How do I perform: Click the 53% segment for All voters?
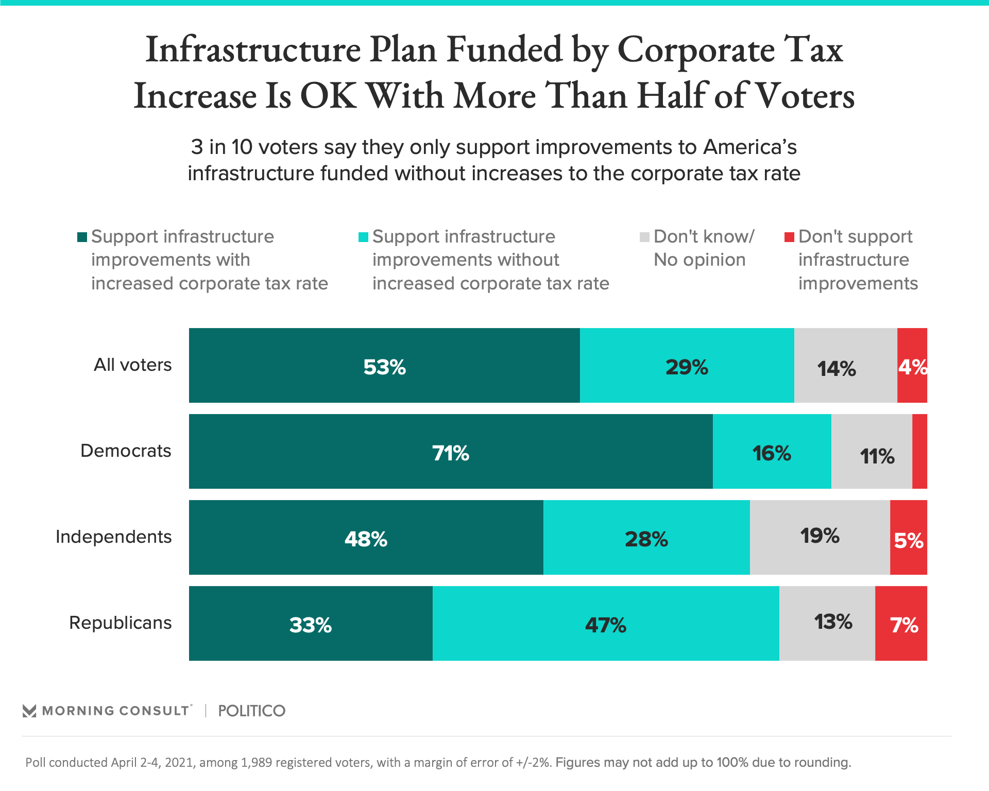pyautogui.click(x=384, y=366)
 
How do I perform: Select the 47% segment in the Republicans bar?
pyautogui.click(x=606, y=624)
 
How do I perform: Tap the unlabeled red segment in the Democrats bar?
pyautogui.click(x=919, y=452)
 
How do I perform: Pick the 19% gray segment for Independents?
pyautogui.click(x=820, y=538)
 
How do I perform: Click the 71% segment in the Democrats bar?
pyautogui.click(x=451, y=452)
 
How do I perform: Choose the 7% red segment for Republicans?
pyautogui.click(x=901, y=624)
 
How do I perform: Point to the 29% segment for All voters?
pyautogui.click(x=687, y=366)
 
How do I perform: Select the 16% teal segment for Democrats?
pyautogui.click(x=772, y=452)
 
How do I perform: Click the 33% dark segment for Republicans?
pyautogui.click(x=311, y=624)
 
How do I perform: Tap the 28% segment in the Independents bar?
pyautogui.click(x=646, y=538)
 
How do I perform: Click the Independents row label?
pyautogui.click(x=113, y=537)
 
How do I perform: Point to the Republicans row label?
pyautogui.click(x=120, y=623)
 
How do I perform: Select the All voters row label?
pyautogui.click(x=132, y=365)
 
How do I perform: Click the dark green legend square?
pyautogui.click(x=82, y=237)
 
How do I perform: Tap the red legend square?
pyautogui.click(x=789, y=237)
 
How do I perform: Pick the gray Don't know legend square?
pyautogui.click(x=644, y=237)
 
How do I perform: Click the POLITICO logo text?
pyautogui.click(x=251, y=711)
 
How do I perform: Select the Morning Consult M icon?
pyautogui.click(x=29, y=711)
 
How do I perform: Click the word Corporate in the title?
pyautogui.click(x=696, y=50)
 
